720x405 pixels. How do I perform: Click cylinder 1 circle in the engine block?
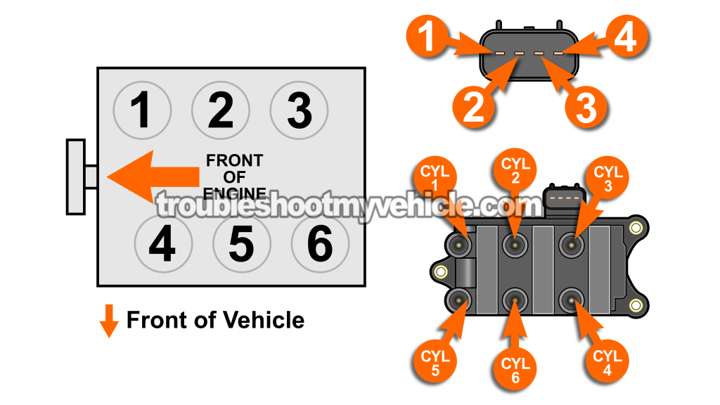[x=143, y=110]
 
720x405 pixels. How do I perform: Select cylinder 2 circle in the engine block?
[x=221, y=110]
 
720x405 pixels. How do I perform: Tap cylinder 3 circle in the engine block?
[x=300, y=110]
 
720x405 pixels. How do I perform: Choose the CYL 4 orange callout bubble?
[x=607, y=362]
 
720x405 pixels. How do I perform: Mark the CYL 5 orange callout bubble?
[x=435, y=362]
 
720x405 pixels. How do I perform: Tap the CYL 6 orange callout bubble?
[x=516, y=370]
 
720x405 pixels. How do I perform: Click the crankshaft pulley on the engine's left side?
[x=76, y=176]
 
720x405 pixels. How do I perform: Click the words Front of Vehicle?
[x=215, y=321]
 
